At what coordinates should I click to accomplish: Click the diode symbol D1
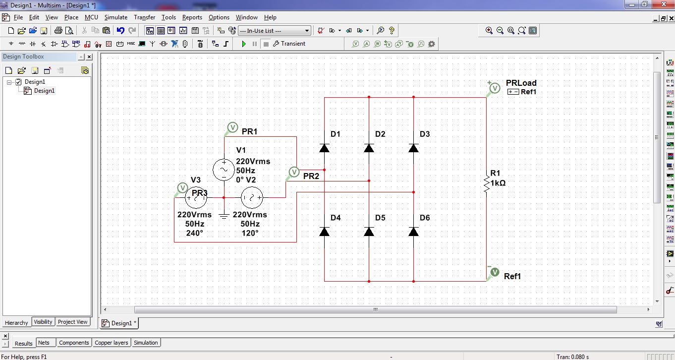pos(325,148)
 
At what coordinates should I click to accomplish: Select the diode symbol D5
pos(369,232)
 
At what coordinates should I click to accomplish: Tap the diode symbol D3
pos(413,148)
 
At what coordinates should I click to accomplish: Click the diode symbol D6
pos(413,232)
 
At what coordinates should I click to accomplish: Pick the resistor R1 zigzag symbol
pos(486,183)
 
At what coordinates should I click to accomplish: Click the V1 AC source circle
pos(224,170)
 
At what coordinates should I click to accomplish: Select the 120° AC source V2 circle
pos(252,197)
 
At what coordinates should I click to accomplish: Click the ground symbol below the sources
pos(224,215)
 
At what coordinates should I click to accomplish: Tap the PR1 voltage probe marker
pos(232,128)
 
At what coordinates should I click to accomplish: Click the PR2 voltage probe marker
pos(294,172)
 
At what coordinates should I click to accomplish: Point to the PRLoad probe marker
pos(495,88)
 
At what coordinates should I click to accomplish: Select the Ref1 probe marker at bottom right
pos(494,272)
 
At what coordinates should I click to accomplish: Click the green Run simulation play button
pos(244,44)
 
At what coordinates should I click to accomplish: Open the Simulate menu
pos(116,17)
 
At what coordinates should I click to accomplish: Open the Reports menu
pos(192,17)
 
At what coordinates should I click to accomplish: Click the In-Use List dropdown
pos(274,31)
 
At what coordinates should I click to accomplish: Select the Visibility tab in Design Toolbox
pos(43,322)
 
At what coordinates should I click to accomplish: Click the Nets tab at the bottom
pos(44,343)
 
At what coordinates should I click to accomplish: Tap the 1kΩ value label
pos(498,183)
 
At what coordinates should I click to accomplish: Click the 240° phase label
pos(194,233)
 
